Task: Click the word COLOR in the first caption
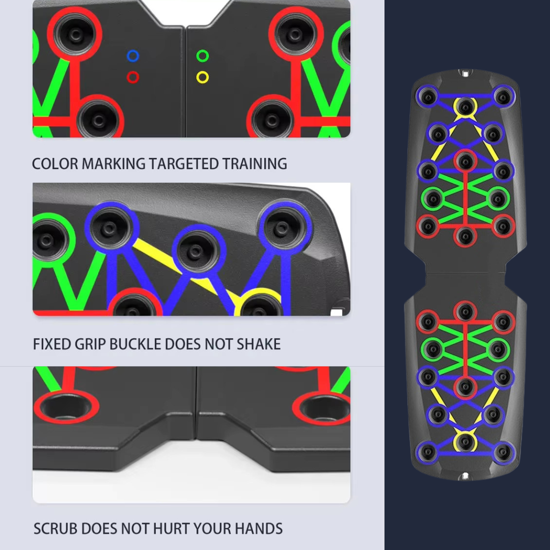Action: pyautogui.click(x=54, y=164)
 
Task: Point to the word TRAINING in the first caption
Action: pyautogui.click(x=254, y=164)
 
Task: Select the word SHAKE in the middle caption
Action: pyautogui.click(x=259, y=344)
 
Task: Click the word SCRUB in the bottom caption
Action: pyautogui.click(x=56, y=529)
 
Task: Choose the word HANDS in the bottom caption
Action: pyautogui.click(x=259, y=529)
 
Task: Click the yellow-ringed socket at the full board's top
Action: pyautogui.click(x=465, y=106)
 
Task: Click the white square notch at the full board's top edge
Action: pyautogui.click(x=465, y=74)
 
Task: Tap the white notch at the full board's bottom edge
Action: pyautogui.click(x=465, y=476)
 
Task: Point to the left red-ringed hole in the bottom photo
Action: pyautogui.click(x=66, y=407)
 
